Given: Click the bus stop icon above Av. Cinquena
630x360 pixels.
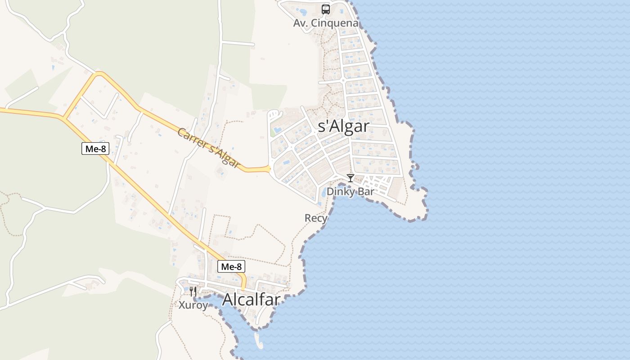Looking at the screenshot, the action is click(x=325, y=9).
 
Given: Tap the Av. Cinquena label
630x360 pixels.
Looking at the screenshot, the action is click(x=326, y=23).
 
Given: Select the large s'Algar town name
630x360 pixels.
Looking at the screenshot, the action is click(x=343, y=126).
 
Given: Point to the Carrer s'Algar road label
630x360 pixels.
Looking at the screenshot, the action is click(x=207, y=147).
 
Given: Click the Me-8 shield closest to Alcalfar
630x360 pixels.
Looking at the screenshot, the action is click(x=232, y=266).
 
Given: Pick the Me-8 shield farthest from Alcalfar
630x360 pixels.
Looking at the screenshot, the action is click(x=95, y=148).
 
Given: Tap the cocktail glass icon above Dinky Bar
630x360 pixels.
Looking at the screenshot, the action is click(x=351, y=178).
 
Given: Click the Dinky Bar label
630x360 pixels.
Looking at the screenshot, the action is click(x=350, y=191).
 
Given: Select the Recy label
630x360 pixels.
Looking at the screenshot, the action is click(x=316, y=218).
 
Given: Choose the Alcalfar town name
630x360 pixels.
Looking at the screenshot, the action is click(x=251, y=300).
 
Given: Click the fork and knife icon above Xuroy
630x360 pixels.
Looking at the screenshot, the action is click(x=193, y=292).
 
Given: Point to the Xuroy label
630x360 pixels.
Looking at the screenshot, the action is click(x=193, y=305).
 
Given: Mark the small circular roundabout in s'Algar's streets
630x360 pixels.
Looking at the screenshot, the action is click(x=343, y=81).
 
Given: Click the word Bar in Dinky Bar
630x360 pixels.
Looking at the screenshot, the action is click(x=365, y=191).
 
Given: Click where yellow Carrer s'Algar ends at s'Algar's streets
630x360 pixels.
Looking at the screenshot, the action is click(x=269, y=169).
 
